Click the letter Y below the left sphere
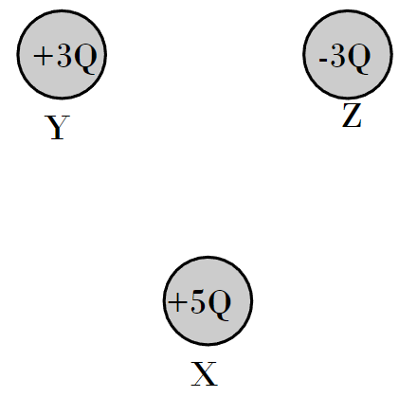click(57, 127)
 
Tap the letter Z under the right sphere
click(352, 116)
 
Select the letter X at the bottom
click(205, 374)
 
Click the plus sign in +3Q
click(43, 57)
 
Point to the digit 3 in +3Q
click(64, 56)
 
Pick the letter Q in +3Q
click(85, 59)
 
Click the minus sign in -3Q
click(323, 60)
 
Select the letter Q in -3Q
click(358, 59)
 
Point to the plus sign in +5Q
click(177, 302)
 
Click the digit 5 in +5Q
click(198, 301)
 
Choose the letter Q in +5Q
click(219, 304)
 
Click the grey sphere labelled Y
click(62, 54)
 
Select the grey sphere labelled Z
click(348, 54)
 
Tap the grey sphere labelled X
click(208, 300)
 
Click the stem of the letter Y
click(57, 133)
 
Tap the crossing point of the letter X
click(204, 373)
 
